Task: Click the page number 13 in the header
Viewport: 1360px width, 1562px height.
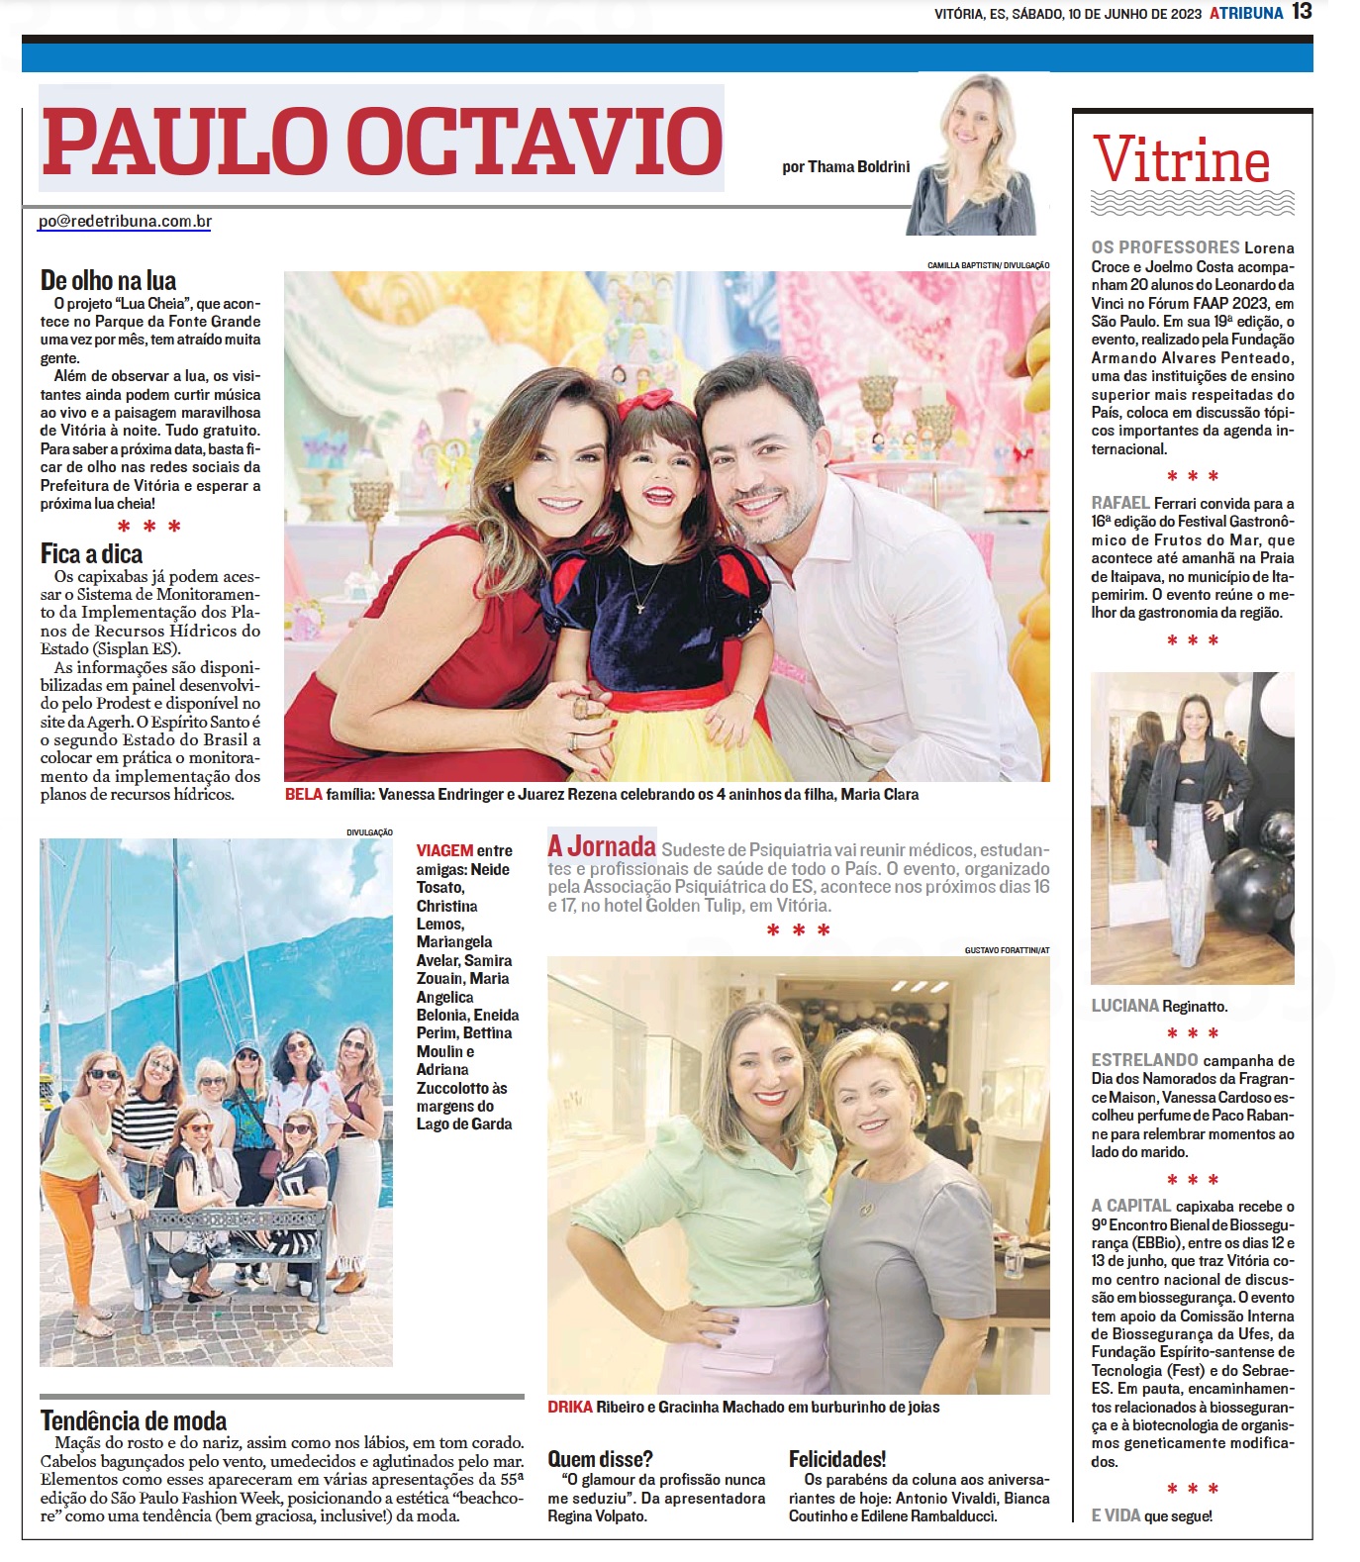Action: (1302, 12)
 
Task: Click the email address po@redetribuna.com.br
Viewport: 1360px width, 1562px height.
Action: (125, 222)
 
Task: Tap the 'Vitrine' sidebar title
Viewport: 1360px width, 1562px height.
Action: (1182, 160)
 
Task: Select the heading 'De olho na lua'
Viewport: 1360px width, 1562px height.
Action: (108, 281)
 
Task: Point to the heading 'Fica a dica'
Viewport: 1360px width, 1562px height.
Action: (91, 554)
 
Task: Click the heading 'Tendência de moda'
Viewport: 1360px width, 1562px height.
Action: (134, 1421)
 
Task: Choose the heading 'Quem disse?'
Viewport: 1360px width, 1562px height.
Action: (600, 1459)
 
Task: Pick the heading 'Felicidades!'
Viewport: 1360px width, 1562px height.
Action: (837, 1459)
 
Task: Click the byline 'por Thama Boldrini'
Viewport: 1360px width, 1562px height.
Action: (845, 167)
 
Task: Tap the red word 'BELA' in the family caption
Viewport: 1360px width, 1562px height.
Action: (304, 795)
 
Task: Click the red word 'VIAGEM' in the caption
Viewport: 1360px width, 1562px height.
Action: (444, 851)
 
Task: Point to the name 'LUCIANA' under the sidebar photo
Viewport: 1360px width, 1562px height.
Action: (1124, 1006)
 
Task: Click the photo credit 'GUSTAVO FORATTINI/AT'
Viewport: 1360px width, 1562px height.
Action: (1007, 950)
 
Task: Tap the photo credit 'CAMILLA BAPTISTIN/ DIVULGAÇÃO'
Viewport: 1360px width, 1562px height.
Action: (988, 265)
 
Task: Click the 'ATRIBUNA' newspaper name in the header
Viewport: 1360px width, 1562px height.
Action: (1245, 13)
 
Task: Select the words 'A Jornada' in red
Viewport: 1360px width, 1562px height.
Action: (602, 847)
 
